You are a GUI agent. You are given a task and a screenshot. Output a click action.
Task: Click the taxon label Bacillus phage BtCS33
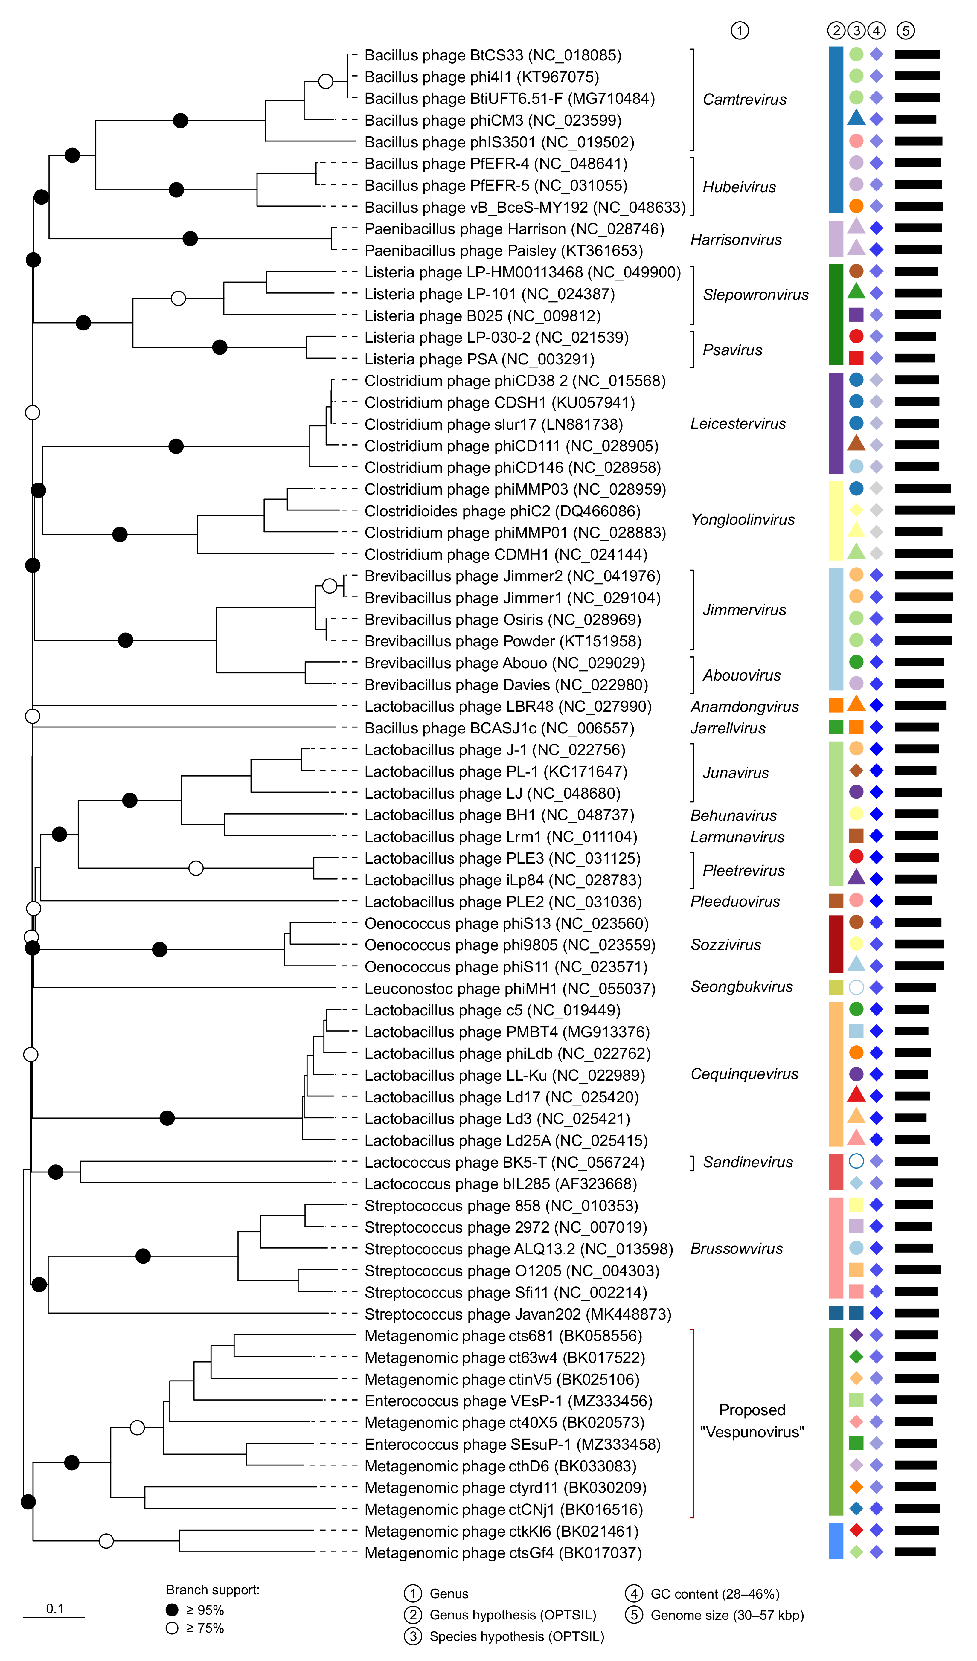click(x=493, y=55)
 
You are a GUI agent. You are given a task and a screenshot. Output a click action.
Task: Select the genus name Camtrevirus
click(x=744, y=100)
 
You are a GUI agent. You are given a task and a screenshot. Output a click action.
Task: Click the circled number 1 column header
click(x=740, y=30)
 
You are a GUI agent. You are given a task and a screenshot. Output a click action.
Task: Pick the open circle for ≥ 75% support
click(x=172, y=1628)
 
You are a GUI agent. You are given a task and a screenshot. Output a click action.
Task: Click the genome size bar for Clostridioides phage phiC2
click(x=924, y=510)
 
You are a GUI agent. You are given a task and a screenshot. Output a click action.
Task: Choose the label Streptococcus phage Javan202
click(x=517, y=1314)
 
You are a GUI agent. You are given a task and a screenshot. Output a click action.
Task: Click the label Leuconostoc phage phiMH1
click(x=510, y=989)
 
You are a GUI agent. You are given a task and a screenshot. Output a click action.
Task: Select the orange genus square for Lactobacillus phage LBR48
click(x=836, y=705)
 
